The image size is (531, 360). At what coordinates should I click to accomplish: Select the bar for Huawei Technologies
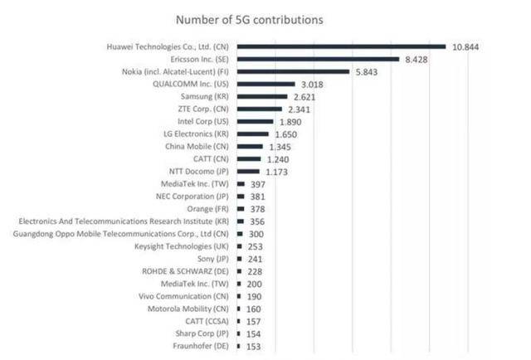click(341, 47)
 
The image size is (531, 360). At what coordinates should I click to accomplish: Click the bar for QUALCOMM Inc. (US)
click(265, 85)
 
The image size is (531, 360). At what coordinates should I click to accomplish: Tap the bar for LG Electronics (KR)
click(252, 134)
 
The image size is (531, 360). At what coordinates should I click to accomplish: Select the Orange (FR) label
click(210, 209)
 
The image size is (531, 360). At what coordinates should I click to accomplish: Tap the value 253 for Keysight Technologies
click(256, 247)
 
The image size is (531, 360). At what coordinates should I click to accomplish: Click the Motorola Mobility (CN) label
click(190, 309)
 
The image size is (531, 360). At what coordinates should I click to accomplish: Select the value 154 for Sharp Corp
click(255, 333)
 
